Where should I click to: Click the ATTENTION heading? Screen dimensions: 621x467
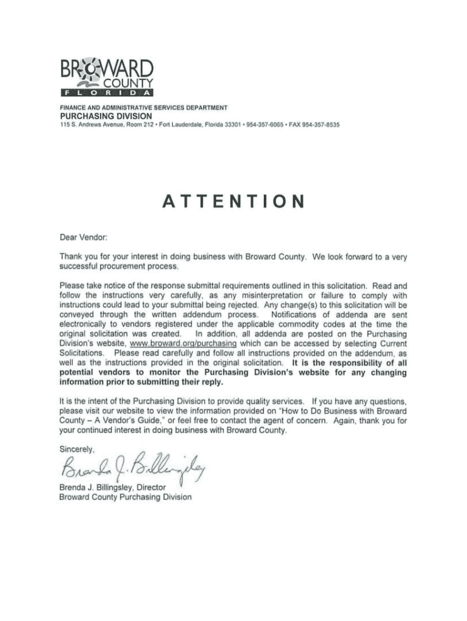click(x=233, y=202)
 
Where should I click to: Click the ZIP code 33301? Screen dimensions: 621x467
click(x=229, y=124)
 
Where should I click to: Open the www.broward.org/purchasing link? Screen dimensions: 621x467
click(x=193, y=343)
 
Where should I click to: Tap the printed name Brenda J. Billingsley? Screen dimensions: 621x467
click(x=96, y=487)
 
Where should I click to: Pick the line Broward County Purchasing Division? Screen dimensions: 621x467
click(x=125, y=497)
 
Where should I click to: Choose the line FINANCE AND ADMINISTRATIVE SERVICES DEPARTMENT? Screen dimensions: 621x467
click(x=143, y=107)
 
